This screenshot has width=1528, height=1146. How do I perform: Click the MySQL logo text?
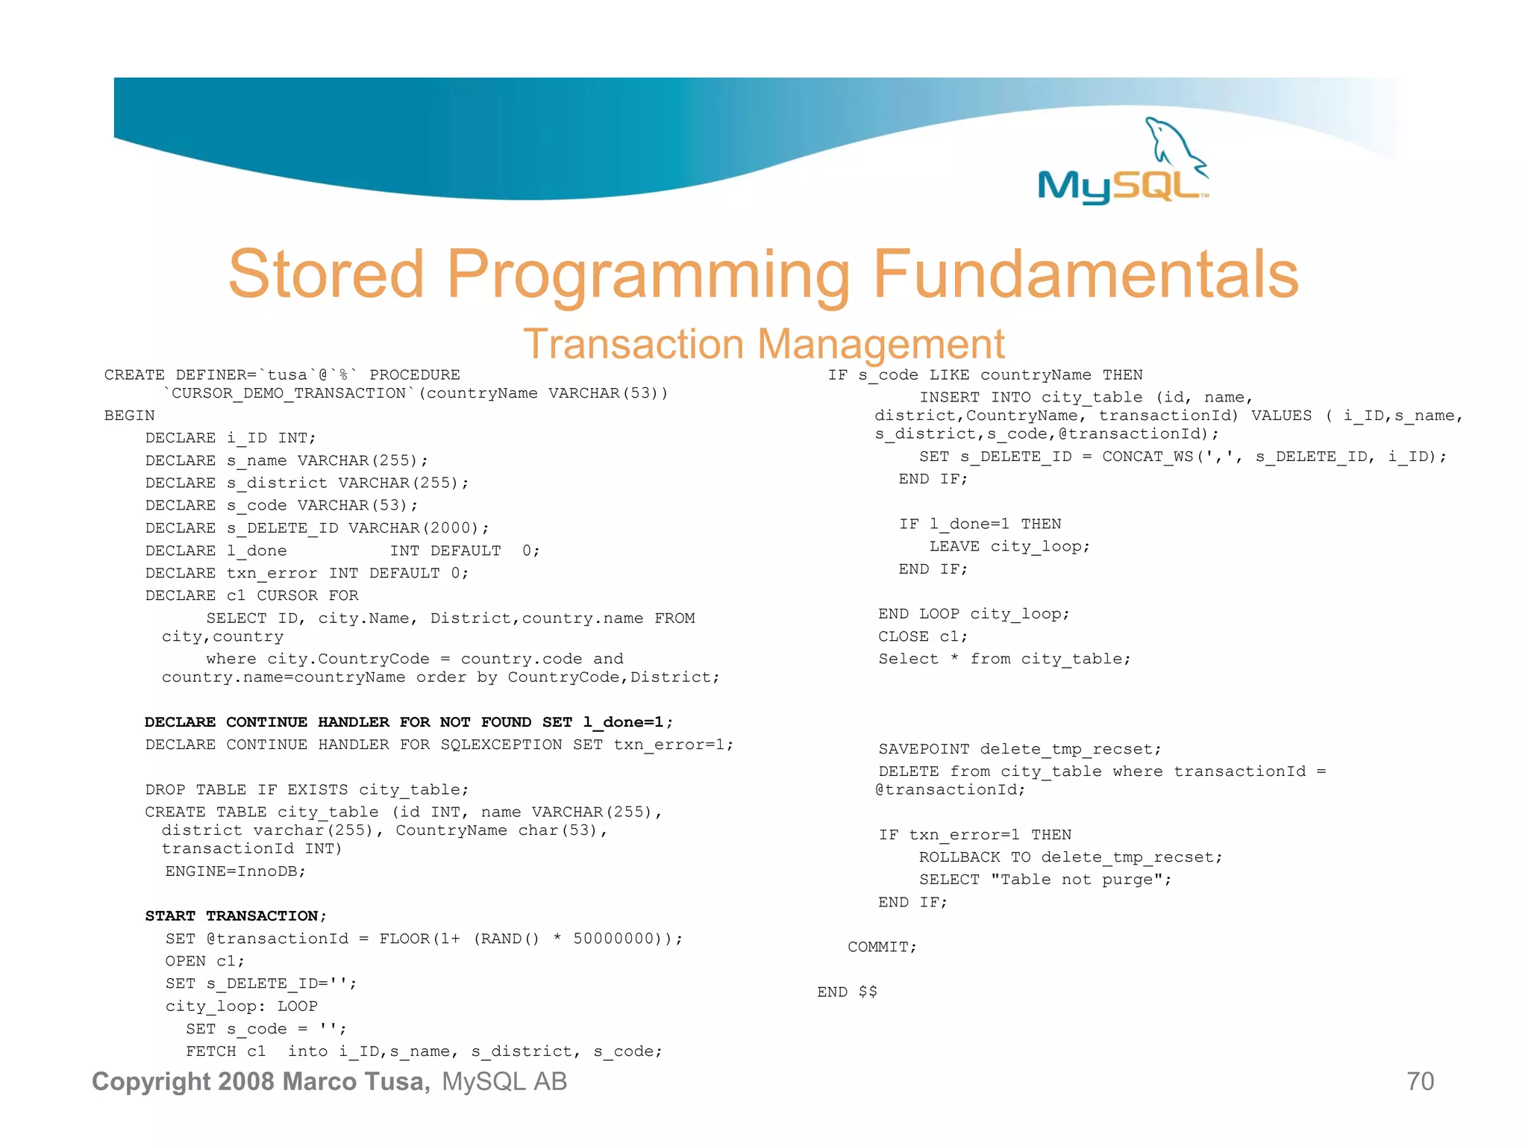(1119, 187)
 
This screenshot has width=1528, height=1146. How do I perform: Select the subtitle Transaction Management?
(763, 345)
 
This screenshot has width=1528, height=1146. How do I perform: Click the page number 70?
(1420, 1081)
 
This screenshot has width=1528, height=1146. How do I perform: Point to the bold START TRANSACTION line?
(236, 915)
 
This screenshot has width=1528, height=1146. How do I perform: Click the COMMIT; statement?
(882, 947)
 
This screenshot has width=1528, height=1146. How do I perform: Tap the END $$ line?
(847, 992)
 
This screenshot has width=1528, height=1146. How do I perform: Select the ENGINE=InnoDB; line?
(236, 871)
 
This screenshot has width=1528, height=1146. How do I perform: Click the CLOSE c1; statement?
(922, 636)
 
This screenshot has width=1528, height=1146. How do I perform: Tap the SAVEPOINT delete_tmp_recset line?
(1019, 749)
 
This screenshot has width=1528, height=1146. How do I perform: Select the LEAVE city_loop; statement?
(1009, 547)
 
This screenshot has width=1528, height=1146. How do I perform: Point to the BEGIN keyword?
(130, 416)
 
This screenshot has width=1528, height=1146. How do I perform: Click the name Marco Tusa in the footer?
(355, 1081)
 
